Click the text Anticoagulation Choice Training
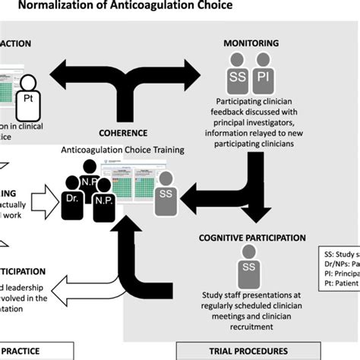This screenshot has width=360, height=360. (123, 150)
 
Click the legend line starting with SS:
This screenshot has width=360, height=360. (339, 252)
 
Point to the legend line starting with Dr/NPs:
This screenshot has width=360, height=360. (339, 263)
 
